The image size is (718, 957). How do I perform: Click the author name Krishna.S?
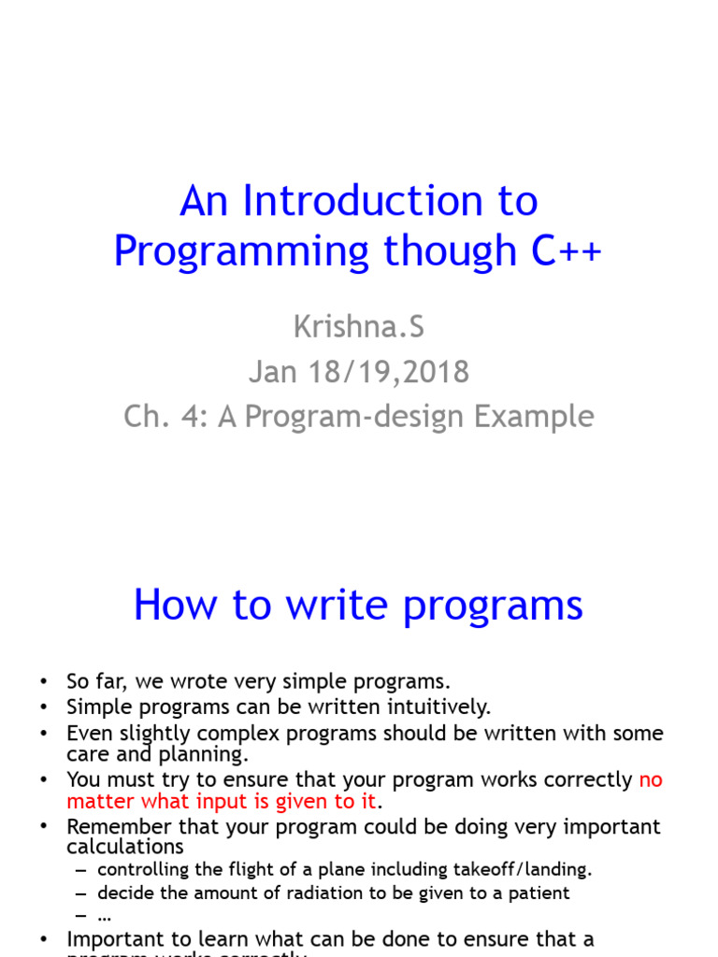pos(358,326)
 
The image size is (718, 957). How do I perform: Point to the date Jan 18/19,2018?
pos(358,371)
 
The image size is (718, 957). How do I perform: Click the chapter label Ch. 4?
pos(166,416)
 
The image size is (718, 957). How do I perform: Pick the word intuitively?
pos(434,707)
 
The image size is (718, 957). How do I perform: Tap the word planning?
pos(205,753)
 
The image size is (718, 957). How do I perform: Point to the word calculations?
pos(124,847)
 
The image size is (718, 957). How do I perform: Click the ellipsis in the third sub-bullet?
pos(105,915)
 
